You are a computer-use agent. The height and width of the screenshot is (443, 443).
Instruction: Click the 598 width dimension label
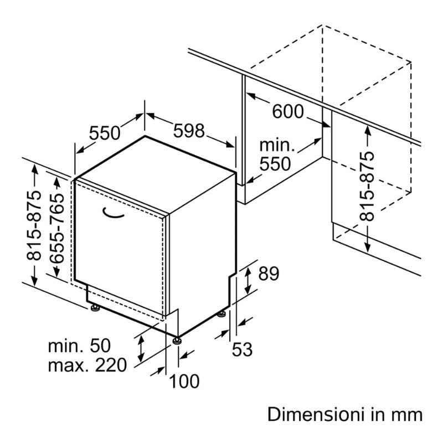pos(188,131)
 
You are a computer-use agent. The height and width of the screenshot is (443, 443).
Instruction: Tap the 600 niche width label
pos(287,111)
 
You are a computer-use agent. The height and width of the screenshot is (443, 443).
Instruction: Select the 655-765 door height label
pos(57,228)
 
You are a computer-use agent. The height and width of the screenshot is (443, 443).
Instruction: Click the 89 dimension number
pos(269,273)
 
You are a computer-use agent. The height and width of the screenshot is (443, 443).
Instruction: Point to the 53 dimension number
pos(242,349)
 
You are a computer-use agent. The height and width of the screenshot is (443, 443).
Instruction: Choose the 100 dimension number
pos(184,381)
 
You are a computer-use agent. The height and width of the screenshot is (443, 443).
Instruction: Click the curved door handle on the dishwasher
pos(113,214)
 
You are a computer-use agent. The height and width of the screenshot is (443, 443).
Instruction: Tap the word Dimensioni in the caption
pos(316,415)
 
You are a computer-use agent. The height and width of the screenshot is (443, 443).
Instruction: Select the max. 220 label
pos(87,365)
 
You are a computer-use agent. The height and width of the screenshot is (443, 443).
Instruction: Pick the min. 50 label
pos(79,345)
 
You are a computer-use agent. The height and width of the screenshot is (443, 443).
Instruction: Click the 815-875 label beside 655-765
pos(34,225)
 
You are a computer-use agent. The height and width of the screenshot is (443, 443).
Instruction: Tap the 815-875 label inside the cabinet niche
pos(367,187)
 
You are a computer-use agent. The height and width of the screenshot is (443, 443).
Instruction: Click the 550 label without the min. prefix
pos(105,133)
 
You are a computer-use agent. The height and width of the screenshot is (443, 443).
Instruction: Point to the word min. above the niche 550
pos(277,146)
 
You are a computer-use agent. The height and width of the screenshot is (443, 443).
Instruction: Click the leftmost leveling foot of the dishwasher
pos(95,308)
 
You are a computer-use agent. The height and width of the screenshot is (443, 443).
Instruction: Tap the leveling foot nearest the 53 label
pos(222,314)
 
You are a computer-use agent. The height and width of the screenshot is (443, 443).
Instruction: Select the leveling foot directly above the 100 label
pos(177,341)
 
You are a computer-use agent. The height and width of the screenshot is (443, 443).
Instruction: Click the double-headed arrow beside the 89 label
pos(248,281)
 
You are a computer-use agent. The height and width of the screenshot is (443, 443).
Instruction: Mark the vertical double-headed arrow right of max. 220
pos(141,348)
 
